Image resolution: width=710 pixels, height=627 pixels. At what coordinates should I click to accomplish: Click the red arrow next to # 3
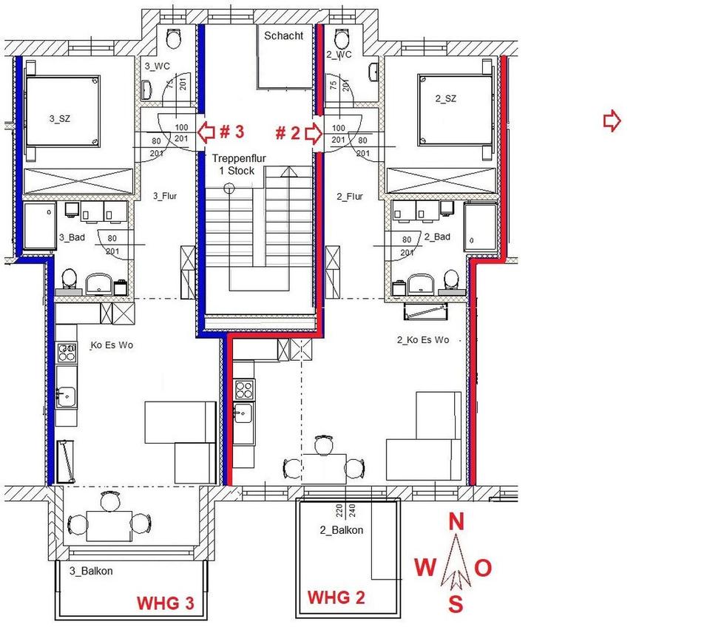pyautogui.click(x=208, y=133)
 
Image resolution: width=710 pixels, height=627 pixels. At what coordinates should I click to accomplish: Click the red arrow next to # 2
pyautogui.click(x=313, y=134)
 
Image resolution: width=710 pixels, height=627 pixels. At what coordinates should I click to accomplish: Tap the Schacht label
pyautogui.click(x=283, y=35)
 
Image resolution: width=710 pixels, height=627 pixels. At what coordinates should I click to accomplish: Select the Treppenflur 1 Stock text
pyautogui.click(x=232, y=164)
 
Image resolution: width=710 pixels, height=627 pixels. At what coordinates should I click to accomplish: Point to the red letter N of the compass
pyautogui.click(x=457, y=522)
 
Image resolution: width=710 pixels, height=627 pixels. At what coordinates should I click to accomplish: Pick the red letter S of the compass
pyautogui.click(x=457, y=605)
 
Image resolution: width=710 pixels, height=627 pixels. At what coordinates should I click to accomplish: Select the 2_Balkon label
pyautogui.click(x=341, y=530)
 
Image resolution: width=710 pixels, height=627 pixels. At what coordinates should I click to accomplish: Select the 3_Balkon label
pyautogui.click(x=90, y=571)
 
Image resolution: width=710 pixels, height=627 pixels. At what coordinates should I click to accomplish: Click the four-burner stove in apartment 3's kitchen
pyautogui.click(x=67, y=353)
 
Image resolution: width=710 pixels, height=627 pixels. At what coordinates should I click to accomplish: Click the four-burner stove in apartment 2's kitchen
pyautogui.click(x=244, y=388)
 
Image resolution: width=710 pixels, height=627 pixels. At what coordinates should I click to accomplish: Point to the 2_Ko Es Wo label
pyautogui.click(x=423, y=340)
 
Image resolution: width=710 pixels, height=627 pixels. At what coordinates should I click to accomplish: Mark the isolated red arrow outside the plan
pyautogui.click(x=612, y=121)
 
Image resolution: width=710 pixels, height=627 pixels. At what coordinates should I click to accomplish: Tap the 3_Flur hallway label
pyautogui.click(x=165, y=197)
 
